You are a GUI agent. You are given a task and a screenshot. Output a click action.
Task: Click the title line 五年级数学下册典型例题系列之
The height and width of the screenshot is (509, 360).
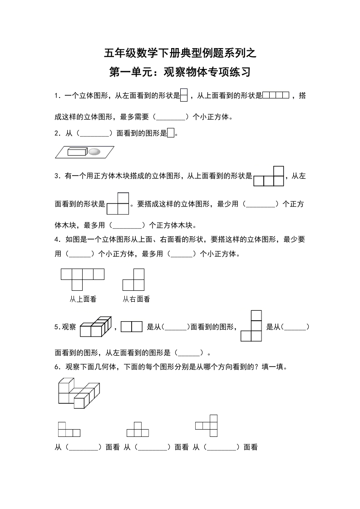click(x=180, y=54)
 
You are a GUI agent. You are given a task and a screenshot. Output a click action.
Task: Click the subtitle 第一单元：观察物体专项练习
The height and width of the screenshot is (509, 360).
click(x=180, y=72)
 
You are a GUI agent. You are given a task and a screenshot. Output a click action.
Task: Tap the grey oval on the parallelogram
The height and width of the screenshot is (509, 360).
click(x=94, y=152)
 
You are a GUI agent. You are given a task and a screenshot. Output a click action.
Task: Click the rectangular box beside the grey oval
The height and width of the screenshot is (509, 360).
click(x=77, y=152)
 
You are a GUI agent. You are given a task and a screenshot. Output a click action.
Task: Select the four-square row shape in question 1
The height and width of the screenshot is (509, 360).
click(x=276, y=95)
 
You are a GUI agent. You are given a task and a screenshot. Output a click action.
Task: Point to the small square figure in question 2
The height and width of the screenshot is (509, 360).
click(x=171, y=133)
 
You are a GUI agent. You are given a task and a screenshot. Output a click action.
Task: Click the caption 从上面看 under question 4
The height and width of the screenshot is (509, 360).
click(x=83, y=299)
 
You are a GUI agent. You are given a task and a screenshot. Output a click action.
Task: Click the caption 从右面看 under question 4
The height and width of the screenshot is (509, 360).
click(x=136, y=299)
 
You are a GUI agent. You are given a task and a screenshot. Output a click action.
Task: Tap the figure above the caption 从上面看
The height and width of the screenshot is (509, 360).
click(x=83, y=279)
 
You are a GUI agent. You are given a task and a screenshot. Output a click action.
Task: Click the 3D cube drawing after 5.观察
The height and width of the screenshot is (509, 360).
click(x=95, y=327)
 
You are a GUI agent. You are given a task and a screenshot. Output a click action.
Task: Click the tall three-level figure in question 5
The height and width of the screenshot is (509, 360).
click(x=252, y=326)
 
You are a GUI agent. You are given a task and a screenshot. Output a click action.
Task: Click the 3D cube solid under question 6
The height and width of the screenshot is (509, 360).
click(x=79, y=393)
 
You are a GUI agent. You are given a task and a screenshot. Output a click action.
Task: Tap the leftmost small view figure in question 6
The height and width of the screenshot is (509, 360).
click(x=69, y=429)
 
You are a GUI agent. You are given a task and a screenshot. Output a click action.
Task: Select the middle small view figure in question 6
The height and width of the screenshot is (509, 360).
click(x=138, y=429)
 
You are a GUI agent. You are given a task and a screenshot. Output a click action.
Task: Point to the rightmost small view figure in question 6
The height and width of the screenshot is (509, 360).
click(x=207, y=426)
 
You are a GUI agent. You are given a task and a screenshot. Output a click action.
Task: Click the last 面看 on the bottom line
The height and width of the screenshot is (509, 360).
click(x=251, y=447)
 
